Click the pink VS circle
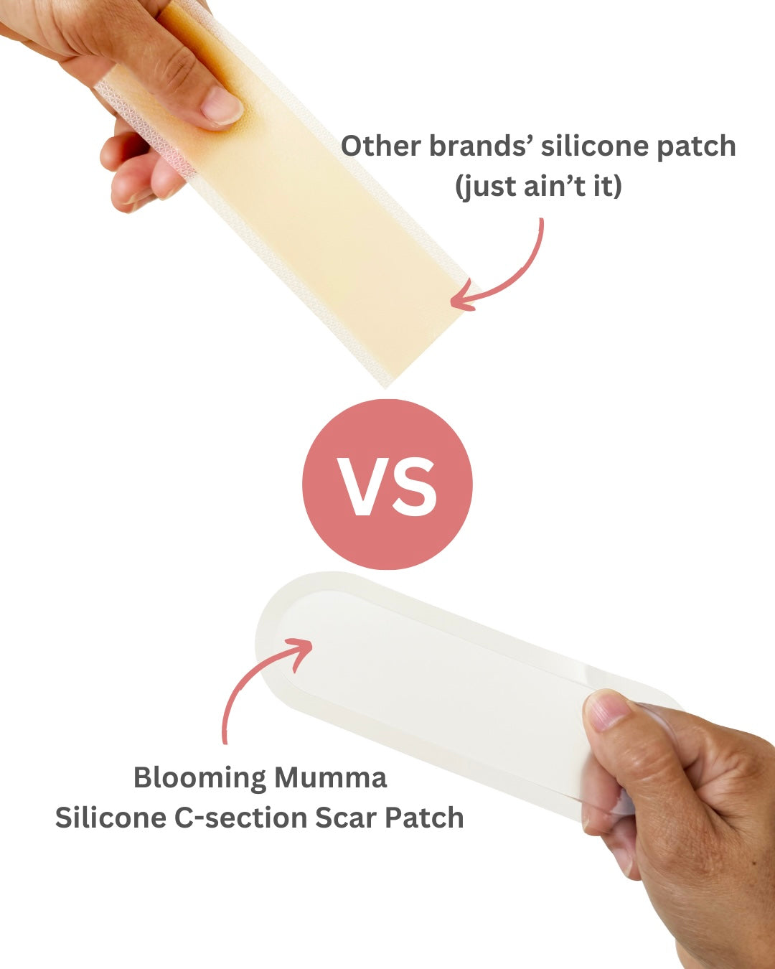point(387,484)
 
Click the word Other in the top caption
point(380,146)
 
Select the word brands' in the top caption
point(481,146)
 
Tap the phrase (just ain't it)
point(538,187)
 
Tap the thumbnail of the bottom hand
point(606,712)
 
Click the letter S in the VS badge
point(415,487)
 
